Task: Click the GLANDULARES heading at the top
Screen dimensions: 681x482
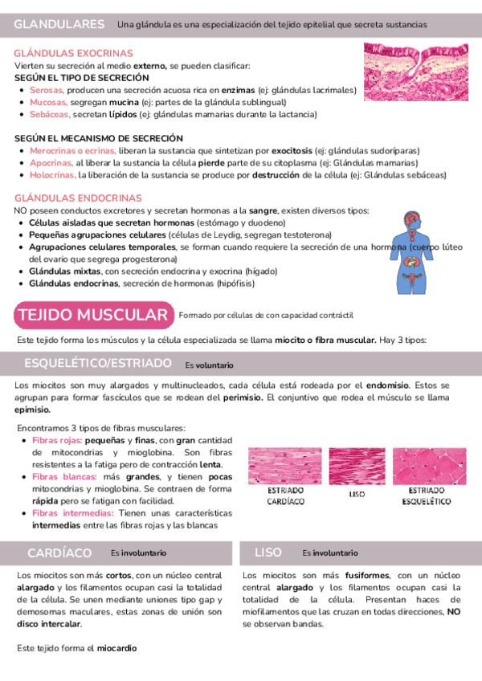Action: (59, 25)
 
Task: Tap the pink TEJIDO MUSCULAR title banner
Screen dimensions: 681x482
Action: (93, 314)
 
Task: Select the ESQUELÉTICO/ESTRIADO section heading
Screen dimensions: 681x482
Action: (92, 364)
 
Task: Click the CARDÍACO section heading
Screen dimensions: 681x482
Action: (59, 553)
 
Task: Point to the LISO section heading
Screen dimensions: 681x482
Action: (268, 553)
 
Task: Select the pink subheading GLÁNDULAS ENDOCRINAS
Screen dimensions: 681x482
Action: (67, 198)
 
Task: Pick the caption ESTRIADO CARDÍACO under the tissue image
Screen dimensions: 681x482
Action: (285, 495)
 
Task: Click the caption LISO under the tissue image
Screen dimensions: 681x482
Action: (357, 495)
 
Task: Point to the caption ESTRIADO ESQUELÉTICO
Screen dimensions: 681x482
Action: (427, 495)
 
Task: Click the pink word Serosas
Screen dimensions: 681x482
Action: (46, 92)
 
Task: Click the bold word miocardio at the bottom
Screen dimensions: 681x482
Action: (117, 647)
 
